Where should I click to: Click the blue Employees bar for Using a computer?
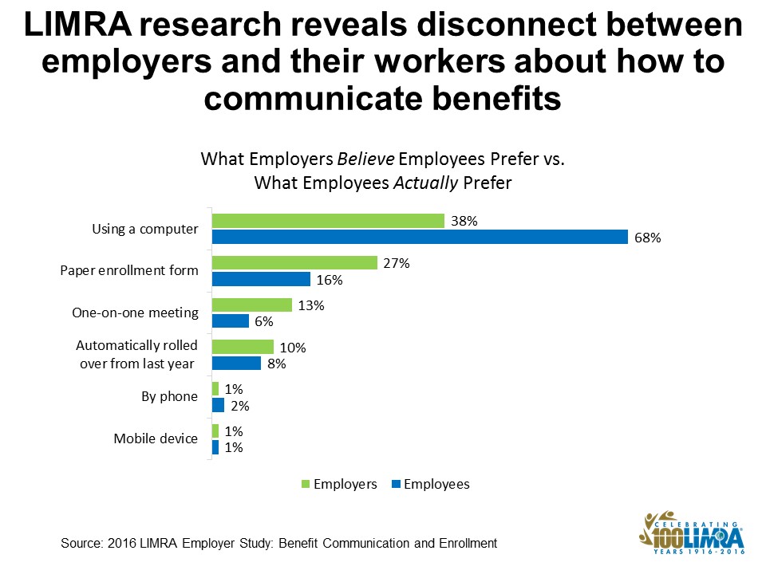[420, 237]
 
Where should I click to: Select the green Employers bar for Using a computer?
[328, 221]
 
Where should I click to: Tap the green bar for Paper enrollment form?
[294, 262]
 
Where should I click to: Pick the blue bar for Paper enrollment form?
[261, 279]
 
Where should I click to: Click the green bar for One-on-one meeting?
[252, 305]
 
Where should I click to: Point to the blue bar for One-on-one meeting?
[231, 321]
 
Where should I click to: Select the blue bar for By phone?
[218, 405]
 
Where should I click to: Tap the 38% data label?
[464, 222]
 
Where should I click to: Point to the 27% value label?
[397, 263]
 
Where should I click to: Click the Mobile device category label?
[155, 438]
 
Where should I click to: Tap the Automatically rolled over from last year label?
[136, 355]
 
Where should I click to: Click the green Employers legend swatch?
[305, 484]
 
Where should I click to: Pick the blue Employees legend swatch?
[395, 484]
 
